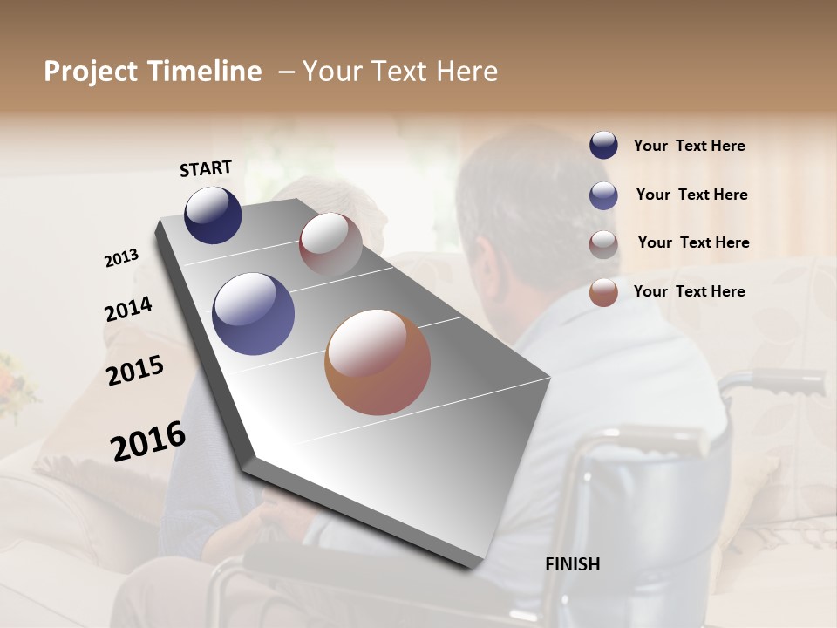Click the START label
(206, 168)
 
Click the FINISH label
(572, 564)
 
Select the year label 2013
(121, 258)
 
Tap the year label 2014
(128, 310)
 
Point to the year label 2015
(135, 372)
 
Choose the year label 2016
(148, 441)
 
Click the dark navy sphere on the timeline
(213, 215)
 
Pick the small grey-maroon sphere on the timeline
(330, 244)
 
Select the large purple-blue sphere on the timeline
(253, 314)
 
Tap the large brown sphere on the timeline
(378, 362)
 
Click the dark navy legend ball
(603, 145)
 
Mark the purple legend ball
(603, 195)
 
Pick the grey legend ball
(603, 243)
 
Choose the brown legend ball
(603, 292)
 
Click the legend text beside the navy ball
(689, 146)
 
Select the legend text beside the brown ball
(689, 291)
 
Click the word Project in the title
(91, 72)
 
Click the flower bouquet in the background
(16, 384)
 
